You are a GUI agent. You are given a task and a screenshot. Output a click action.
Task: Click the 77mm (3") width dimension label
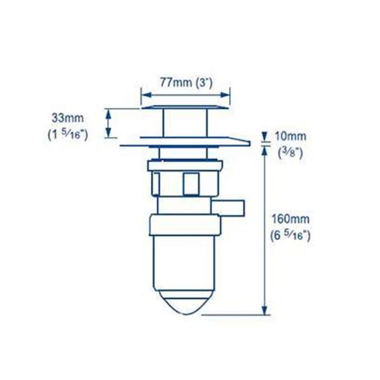186,82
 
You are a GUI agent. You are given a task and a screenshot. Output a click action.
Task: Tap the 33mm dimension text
68,118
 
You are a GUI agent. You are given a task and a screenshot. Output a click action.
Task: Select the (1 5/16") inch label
68,135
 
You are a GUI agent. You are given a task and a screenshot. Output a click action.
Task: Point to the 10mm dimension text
290,136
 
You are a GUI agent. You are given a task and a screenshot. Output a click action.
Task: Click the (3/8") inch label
290,153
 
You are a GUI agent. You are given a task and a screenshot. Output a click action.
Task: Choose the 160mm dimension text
290,219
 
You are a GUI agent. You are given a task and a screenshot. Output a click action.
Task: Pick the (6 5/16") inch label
290,236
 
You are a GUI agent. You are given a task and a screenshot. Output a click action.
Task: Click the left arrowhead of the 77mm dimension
146,95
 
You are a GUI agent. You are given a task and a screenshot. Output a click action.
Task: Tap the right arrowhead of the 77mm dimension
225,95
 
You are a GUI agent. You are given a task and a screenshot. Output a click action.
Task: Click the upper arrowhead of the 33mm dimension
108,114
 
